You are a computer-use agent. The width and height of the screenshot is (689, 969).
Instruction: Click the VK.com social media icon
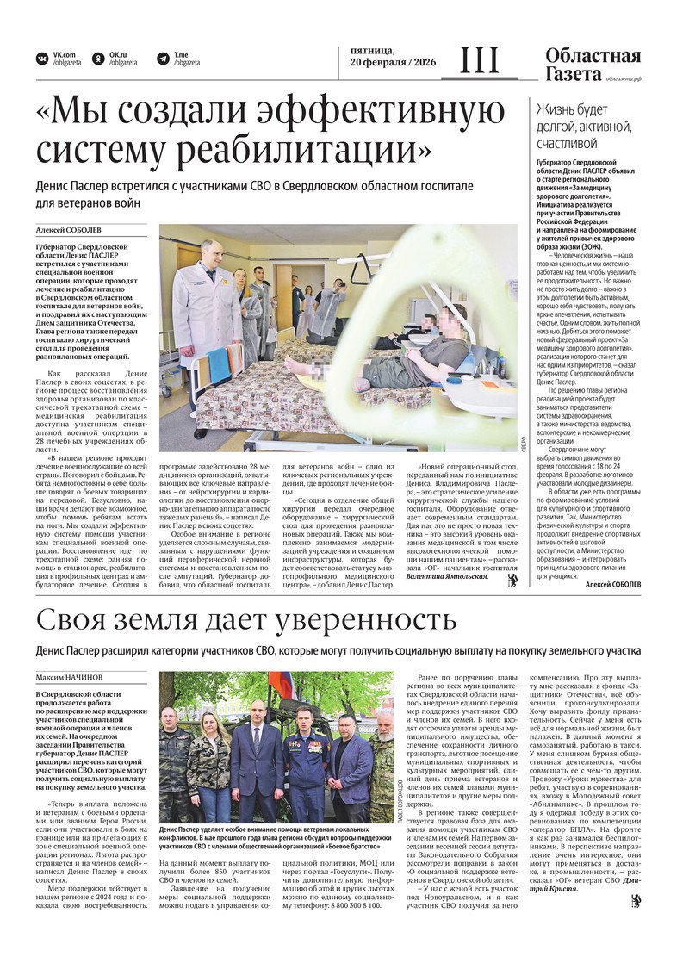[x=41, y=59]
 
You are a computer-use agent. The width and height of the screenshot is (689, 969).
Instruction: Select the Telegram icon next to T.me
[x=163, y=59]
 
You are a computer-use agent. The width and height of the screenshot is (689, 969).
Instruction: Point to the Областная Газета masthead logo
[x=593, y=65]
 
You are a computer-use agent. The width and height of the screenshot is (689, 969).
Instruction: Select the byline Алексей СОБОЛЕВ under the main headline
[x=69, y=230]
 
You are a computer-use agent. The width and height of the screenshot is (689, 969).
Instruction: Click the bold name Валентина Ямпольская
[x=444, y=600]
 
